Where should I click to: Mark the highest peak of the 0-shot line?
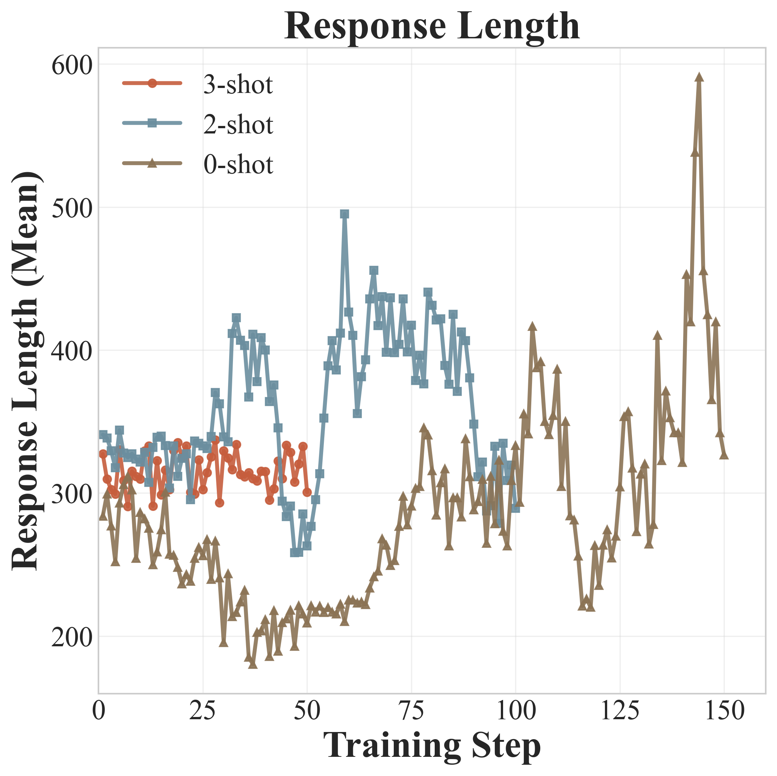(699, 78)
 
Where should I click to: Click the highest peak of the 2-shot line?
(345, 214)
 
